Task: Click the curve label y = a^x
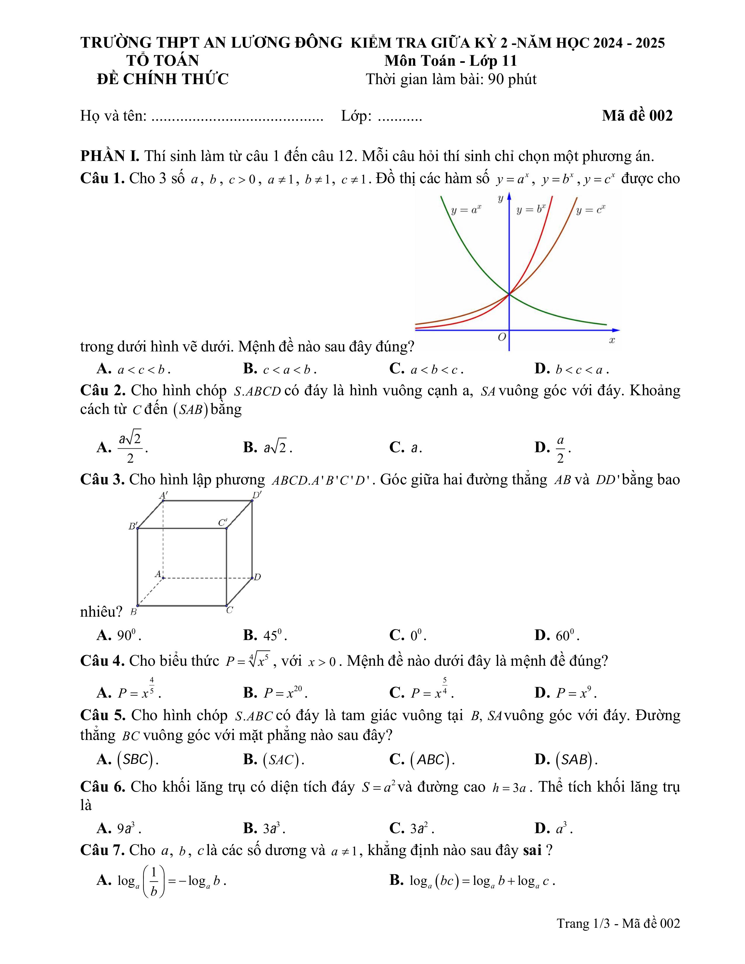pos(466,210)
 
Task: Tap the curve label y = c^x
pos(590,210)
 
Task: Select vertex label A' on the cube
pos(163,495)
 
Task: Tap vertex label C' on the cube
pos(222,523)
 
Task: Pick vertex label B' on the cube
pos(132,526)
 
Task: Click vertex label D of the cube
pos(258,577)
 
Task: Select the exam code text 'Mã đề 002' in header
pos(637,116)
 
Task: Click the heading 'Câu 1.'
pos(102,178)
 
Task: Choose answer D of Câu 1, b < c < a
pos(571,369)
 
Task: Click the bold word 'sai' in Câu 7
pos(532,850)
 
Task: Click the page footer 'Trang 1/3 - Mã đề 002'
pos(618,923)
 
